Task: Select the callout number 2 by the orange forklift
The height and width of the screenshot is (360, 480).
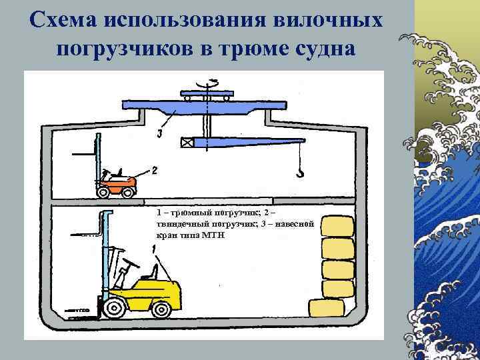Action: coord(154,171)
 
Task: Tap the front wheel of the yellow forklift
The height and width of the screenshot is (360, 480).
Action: coord(115,308)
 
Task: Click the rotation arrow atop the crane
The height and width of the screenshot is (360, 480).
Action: coord(213,82)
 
